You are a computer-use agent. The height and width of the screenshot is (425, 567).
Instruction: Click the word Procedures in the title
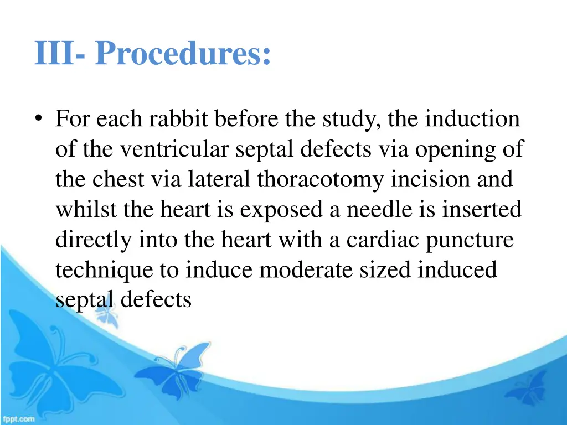coord(183,54)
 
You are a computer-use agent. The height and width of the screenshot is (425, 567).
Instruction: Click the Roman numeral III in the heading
coord(54,54)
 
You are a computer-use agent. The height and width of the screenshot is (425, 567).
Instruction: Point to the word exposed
coord(279,211)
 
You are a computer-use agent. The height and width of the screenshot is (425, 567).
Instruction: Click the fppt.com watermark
coord(18,419)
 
